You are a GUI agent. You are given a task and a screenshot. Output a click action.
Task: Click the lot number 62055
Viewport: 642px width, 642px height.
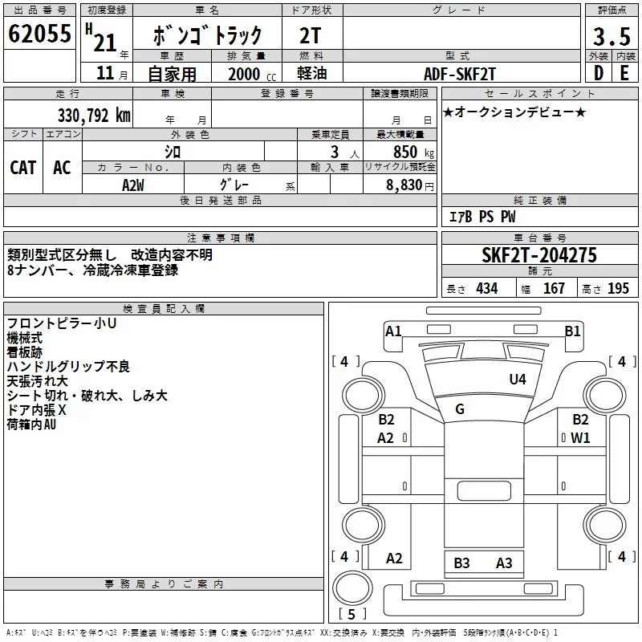coord(39,33)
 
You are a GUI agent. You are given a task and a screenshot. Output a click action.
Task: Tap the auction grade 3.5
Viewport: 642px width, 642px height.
coord(612,36)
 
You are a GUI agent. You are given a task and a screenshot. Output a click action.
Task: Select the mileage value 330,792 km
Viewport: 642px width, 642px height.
coord(94,116)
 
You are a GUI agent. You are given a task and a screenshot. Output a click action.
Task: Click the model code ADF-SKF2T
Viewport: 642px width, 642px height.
coord(460,74)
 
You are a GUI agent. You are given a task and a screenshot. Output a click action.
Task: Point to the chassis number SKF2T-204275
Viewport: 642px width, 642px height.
coord(539,255)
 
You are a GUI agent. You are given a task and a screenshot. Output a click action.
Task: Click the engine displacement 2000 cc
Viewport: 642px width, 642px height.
coord(252,74)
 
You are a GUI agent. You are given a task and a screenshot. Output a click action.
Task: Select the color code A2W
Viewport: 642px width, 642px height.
coord(133,185)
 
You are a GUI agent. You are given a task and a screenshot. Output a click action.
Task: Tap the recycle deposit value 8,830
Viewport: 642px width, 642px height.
coord(404,185)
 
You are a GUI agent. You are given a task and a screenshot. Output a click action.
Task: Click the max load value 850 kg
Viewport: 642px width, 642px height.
coord(413,152)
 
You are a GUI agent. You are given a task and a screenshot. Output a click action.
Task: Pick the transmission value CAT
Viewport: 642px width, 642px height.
coord(23,168)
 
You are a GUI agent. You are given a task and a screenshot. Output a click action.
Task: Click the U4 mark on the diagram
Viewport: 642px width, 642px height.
coord(518,379)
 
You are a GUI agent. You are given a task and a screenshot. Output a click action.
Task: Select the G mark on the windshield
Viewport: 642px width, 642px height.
coord(460,408)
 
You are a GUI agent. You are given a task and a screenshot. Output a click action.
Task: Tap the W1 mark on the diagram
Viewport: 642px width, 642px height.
coord(580,438)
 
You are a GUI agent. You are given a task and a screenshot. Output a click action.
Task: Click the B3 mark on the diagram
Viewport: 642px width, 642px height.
coord(461,563)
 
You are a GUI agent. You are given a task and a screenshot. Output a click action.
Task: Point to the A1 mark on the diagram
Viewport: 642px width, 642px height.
coord(393,331)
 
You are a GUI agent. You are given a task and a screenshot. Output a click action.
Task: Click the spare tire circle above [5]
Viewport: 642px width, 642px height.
coord(352,588)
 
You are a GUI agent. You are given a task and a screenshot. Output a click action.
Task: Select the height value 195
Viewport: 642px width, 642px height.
coord(618,288)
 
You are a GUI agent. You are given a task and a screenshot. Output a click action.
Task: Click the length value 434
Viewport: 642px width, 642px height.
coord(487,288)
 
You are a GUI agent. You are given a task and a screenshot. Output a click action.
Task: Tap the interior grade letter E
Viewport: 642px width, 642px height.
coord(624,73)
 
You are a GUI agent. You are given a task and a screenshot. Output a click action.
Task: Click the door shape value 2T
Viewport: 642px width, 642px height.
coord(310,35)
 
